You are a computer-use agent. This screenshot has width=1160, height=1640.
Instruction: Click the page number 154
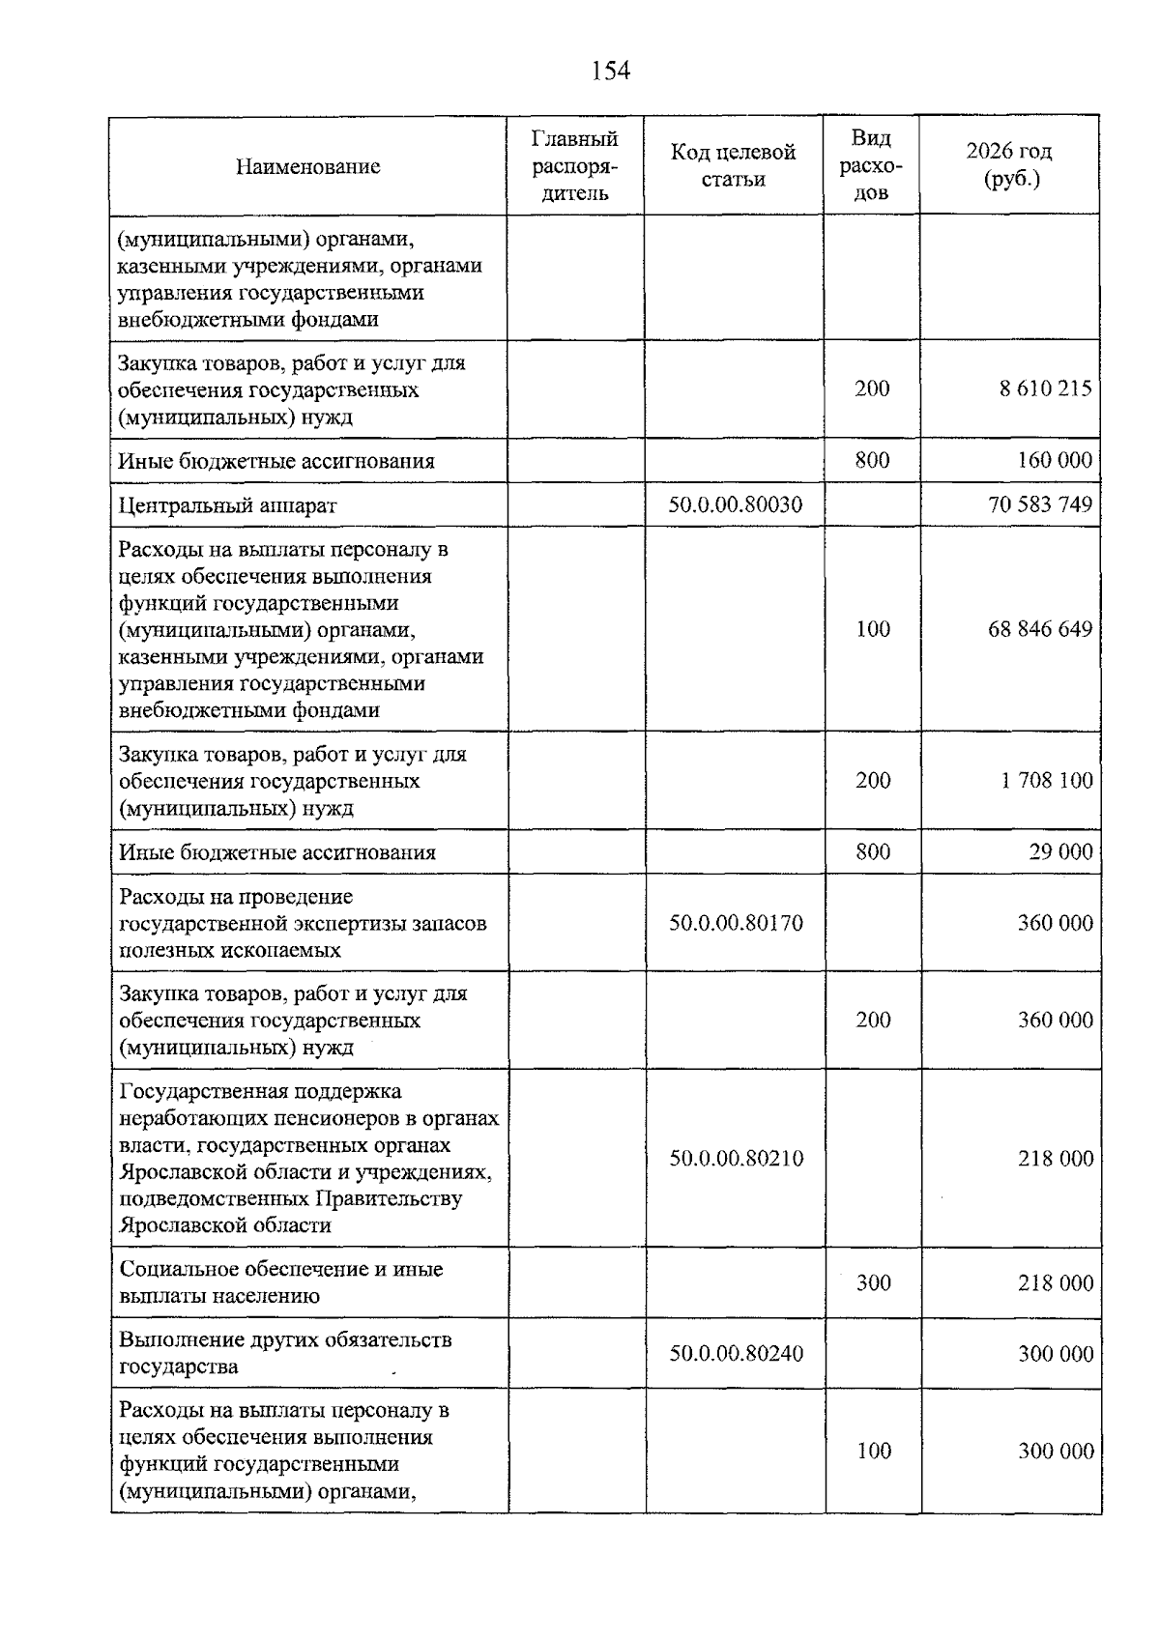(x=610, y=72)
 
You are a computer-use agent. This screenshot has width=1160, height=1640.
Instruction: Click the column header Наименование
(x=307, y=166)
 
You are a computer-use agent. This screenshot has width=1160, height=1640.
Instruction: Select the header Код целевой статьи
(x=733, y=165)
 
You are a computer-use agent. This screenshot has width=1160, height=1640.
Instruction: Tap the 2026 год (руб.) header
(x=1008, y=165)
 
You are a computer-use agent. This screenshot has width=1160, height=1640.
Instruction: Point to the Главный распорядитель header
(x=574, y=165)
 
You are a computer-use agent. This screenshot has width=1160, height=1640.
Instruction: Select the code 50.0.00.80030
(x=735, y=504)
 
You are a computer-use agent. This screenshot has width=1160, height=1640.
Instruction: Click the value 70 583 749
(x=1040, y=504)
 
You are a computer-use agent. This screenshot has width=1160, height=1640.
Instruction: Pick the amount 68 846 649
(x=1040, y=629)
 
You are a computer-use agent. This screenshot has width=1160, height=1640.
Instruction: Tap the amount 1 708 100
(x=1046, y=780)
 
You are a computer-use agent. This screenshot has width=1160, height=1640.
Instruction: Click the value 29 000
(x=1060, y=851)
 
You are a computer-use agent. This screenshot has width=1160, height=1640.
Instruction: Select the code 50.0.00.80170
(x=736, y=923)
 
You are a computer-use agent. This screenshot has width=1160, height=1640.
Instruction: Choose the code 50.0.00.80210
(x=736, y=1158)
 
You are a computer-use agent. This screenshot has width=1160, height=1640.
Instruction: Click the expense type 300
(x=873, y=1282)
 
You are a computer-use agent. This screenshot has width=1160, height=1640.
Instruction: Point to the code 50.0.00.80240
(x=736, y=1353)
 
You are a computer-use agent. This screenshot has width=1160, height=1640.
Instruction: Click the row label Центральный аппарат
(x=227, y=505)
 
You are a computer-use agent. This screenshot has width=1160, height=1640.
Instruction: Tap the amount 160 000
(x=1055, y=460)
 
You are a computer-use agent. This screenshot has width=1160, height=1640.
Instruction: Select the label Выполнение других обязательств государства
(x=284, y=1353)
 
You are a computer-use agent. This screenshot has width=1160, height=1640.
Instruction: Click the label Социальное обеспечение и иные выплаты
(x=279, y=1282)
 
